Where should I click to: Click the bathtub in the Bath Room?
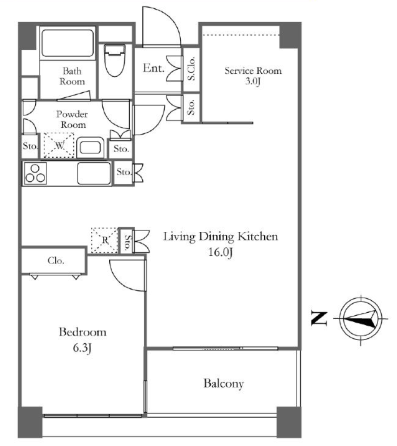point(67,43)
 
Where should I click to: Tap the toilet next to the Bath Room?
point(114,60)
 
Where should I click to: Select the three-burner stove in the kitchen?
point(35,173)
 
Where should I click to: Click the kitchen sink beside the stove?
point(94,173)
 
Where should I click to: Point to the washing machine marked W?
point(59,145)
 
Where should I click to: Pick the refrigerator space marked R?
point(104,240)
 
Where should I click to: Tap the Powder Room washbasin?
point(91,147)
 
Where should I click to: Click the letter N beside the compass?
point(319,318)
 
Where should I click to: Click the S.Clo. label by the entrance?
point(192,68)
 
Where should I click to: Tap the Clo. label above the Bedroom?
point(56,260)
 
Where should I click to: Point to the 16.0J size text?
point(221,252)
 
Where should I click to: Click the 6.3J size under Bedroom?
point(82,348)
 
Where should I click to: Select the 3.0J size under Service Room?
point(253,81)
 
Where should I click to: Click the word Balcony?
point(224,384)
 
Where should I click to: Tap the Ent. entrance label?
point(154,68)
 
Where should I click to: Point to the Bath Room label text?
point(72,76)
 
